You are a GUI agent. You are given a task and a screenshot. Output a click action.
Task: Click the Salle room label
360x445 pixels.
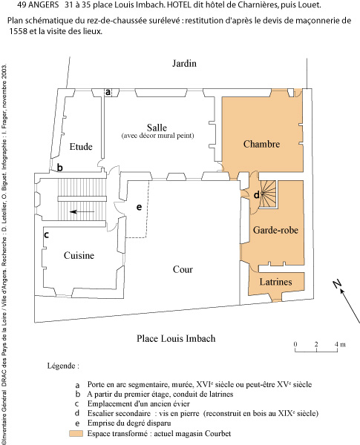157,128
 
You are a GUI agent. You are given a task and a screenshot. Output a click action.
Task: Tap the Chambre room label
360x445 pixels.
261,144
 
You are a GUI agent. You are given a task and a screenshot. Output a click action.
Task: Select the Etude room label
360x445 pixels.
81,147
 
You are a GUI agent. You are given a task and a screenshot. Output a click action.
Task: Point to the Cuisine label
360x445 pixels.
79,255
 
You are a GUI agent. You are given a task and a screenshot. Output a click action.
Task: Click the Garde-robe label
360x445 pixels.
275,230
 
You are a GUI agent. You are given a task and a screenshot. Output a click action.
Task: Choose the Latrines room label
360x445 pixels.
275,282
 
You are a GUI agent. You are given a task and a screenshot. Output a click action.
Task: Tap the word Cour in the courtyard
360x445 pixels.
183,269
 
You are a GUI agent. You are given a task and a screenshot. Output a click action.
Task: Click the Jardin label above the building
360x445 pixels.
184,63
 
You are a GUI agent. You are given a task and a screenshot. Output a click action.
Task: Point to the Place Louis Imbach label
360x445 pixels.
176,338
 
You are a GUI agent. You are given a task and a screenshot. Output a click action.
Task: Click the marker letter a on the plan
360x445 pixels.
108,92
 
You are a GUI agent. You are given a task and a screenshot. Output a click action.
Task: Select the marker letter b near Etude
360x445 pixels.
59,168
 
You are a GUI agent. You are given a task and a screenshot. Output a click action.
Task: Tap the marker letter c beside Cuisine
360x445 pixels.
47,235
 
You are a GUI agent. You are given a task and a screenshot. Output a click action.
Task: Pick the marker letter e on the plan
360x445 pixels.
139,207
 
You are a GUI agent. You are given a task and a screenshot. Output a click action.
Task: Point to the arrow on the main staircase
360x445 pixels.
82,211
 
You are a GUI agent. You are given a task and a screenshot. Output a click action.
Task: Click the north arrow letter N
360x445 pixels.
337,283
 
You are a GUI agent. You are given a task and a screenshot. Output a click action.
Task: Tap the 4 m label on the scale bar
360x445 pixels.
340,344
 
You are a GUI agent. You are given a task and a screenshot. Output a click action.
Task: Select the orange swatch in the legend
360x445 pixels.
76,433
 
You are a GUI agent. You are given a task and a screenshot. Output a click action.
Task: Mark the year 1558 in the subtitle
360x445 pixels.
18,31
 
